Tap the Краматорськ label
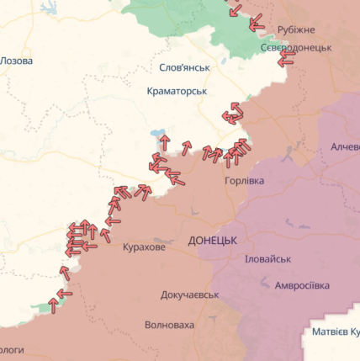click(x=177, y=90)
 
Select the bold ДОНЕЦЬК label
click(x=213, y=240)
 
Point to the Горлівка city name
click(x=244, y=181)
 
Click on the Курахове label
click(x=144, y=247)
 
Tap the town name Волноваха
click(x=169, y=324)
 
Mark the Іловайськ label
click(x=267, y=259)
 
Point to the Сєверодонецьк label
click(x=295, y=47)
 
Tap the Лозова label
click(x=18, y=61)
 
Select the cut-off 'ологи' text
click(x=11, y=348)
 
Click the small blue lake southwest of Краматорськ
click(x=156, y=133)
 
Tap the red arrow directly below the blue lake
click(x=165, y=142)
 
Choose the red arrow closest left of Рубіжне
click(x=257, y=21)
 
